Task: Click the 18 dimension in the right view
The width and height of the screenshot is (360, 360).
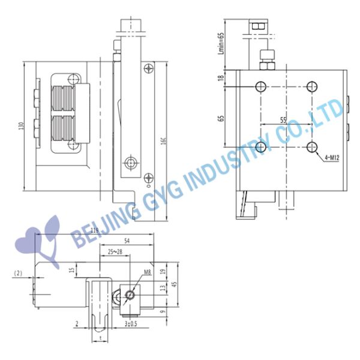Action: pyautogui.click(x=221, y=78)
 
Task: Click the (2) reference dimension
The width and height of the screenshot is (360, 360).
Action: pyautogui.click(x=18, y=273)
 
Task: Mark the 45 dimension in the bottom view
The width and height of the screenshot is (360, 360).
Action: pyautogui.click(x=175, y=284)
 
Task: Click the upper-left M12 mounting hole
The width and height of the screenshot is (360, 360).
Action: pyautogui.click(x=262, y=86)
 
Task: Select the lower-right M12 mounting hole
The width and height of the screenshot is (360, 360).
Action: pyautogui.click(x=311, y=146)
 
